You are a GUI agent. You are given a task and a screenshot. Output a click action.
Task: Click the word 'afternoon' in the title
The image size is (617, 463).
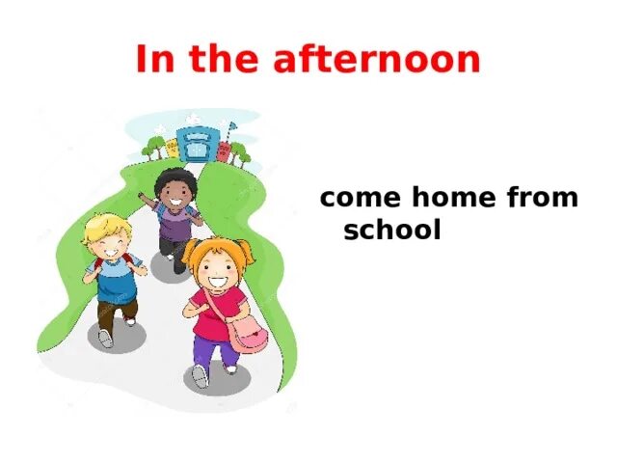[377, 60]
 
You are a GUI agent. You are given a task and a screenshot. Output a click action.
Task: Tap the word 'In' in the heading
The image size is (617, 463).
[151, 60]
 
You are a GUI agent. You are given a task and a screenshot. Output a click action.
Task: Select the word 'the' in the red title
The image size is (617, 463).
[221, 60]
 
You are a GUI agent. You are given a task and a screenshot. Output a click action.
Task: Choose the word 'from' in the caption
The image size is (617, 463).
[542, 200]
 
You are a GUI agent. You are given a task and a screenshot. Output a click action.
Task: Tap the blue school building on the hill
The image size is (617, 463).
[198, 143]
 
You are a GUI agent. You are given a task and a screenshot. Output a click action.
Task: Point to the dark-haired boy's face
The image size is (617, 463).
[176, 194]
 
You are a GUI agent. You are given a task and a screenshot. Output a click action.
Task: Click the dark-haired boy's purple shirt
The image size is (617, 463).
[176, 225]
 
